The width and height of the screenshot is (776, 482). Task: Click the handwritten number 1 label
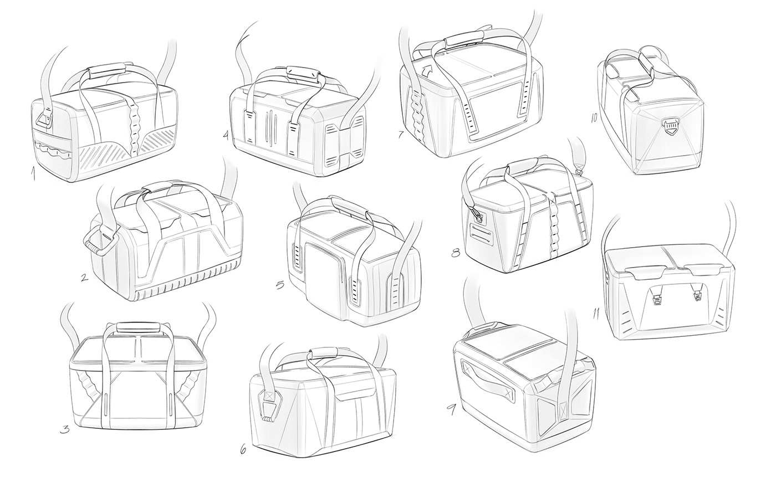(34, 176)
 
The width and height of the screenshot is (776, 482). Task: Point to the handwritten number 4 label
(226, 135)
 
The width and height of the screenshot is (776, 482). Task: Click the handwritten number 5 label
(280, 285)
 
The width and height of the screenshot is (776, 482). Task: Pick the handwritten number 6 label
(243, 449)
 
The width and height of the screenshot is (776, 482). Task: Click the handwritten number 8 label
(456, 253)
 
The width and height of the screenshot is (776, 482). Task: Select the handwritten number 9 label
(452, 409)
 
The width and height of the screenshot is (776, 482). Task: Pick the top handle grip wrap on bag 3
(137, 326)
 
